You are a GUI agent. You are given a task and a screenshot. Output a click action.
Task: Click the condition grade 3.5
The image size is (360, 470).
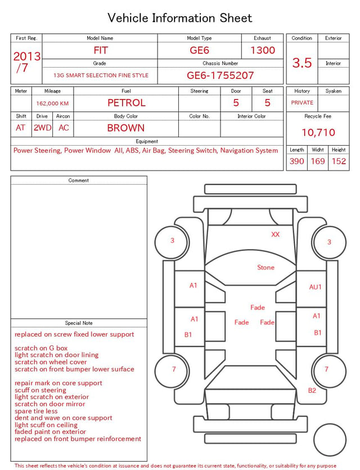(302, 63)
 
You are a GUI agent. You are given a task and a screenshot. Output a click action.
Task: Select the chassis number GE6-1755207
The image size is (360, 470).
(220, 75)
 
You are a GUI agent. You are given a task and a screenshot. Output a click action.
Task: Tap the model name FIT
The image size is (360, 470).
(100, 50)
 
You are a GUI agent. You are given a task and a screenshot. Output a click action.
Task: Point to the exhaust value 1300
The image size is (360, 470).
(263, 50)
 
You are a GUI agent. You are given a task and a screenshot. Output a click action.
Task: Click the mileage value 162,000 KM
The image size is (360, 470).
(52, 104)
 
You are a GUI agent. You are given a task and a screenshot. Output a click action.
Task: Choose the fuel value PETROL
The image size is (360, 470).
(127, 103)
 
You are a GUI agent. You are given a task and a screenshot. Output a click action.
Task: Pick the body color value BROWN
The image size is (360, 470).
(126, 128)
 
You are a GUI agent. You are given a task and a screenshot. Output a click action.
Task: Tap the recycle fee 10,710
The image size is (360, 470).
(318, 132)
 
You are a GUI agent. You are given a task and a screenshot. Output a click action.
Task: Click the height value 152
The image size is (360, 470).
(339, 161)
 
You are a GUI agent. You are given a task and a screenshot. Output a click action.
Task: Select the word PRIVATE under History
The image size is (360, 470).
(302, 103)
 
